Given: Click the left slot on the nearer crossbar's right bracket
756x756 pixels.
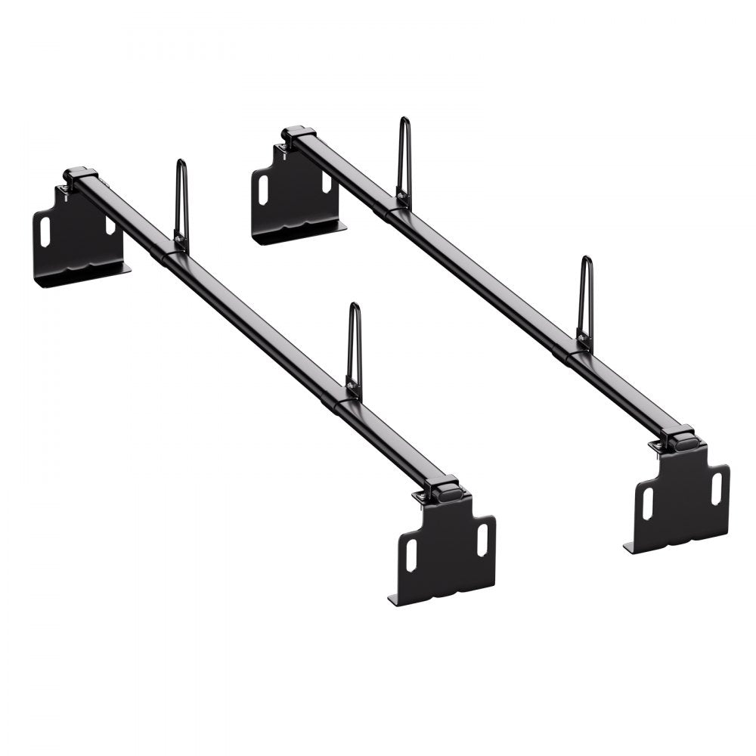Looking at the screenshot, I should point(411,555).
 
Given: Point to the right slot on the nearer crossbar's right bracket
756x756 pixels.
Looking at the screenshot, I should point(482,538).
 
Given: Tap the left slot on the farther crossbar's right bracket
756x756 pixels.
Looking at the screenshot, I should point(647,503).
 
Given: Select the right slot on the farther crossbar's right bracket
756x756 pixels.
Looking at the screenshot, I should point(716,488).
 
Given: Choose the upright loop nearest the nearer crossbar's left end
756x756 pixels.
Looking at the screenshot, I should point(181,204).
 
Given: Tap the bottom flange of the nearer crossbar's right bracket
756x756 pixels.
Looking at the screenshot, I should point(394,600).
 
